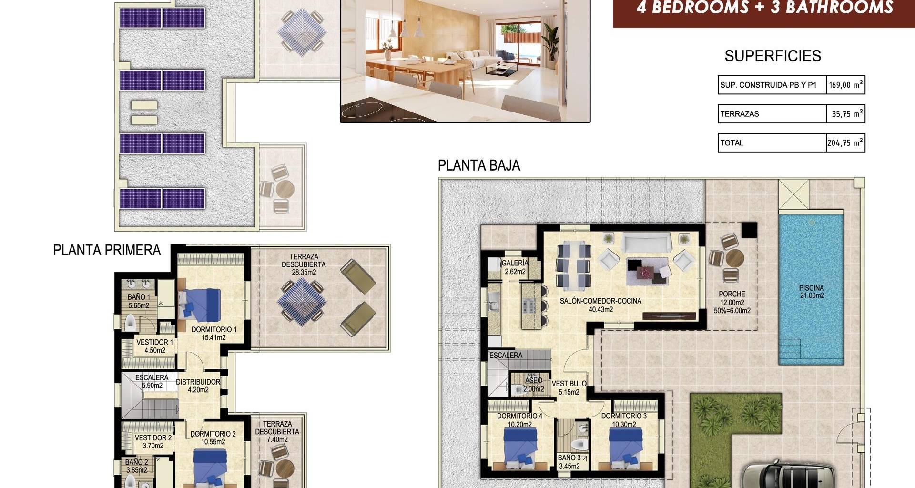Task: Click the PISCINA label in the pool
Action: click(811, 288)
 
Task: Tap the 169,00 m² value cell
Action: click(845, 85)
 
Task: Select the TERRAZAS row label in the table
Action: click(739, 114)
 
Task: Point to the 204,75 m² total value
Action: click(845, 142)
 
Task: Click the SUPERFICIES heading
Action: click(773, 56)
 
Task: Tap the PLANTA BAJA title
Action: click(479, 165)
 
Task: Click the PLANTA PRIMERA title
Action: click(107, 250)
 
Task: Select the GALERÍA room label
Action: click(515, 263)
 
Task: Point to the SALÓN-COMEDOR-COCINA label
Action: click(600, 301)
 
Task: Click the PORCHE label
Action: click(732, 294)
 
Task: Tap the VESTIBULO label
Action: click(569, 384)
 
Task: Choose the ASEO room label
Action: click(533, 381)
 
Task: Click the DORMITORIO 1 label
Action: click(214, 329)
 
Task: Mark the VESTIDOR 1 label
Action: click(155, 342)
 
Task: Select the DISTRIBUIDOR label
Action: click(198, 382)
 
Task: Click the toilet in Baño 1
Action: click(131, 324)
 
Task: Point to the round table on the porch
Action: click(734, 258)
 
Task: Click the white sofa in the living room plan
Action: click(647, 243)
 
